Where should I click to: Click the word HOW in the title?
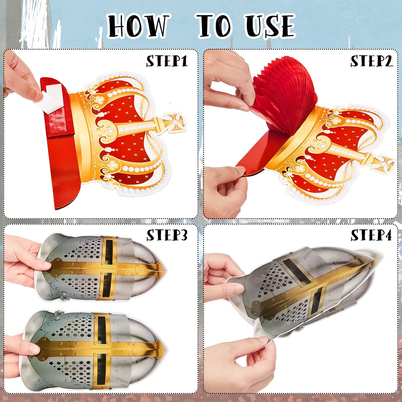pos(138,26)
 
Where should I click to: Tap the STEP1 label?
pos(167,61)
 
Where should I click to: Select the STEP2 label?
pos(372,61)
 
